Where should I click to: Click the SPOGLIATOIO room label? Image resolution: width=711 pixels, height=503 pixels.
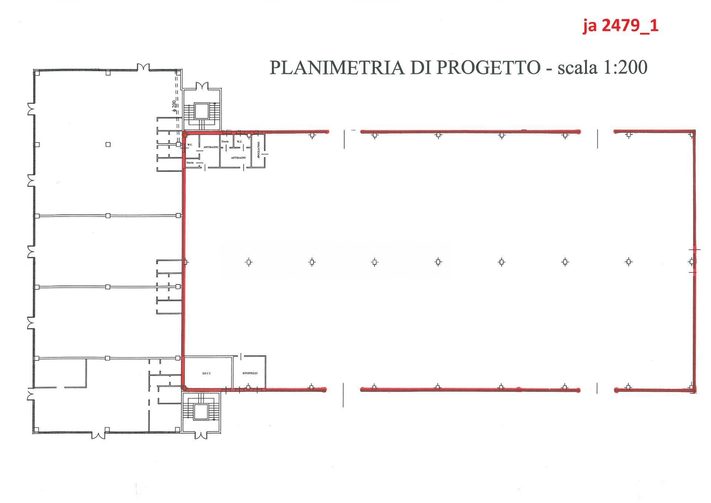click(259, 150)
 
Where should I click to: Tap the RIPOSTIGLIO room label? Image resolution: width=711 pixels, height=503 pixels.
click(250, 373)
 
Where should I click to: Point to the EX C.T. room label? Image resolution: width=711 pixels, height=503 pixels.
click(207, 373)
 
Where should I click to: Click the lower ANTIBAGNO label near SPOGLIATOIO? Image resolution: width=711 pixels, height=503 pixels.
click(238, 158)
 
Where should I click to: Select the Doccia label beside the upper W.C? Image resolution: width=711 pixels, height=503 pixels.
click(225, 142)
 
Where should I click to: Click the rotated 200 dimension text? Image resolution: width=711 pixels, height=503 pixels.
click(173, 106)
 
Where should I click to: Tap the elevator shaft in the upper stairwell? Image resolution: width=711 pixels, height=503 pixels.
click(202, 111)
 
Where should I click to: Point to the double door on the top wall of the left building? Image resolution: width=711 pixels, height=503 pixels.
click(143, 67)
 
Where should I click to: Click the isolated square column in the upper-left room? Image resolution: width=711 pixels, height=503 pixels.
click(108, 144)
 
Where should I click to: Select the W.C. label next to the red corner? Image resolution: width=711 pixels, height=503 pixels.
click(190, 145)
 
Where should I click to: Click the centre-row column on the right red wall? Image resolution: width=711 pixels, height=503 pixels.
click(691, 262)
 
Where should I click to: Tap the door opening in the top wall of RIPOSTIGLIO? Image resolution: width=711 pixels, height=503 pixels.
click(241, 356)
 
